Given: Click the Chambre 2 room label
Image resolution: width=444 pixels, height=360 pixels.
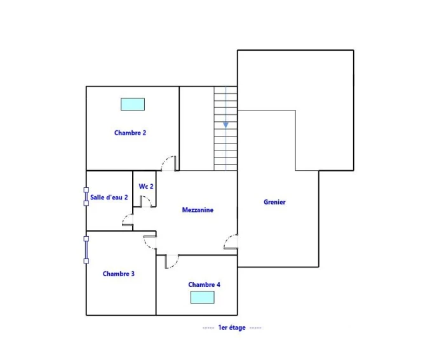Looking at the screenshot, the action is (x=130, y=133).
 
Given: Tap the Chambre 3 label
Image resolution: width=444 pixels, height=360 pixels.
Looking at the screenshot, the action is (x=118, y=274).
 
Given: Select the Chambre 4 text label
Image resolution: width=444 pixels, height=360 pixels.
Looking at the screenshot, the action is (x=204, y=284).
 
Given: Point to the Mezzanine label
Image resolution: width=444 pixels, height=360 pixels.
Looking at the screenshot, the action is (x=198, y=210).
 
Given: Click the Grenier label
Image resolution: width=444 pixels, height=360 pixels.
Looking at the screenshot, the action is (x=274, y=202).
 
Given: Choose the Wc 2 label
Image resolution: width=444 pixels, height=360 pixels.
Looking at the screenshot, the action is (x=146, y=187).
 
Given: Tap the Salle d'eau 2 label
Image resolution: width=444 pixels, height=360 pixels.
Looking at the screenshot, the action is (x=109, y=197).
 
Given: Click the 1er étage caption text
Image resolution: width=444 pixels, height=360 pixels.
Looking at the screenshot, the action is (x=232, y=328).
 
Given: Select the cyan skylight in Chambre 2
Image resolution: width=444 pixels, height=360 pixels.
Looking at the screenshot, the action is (x=133, y=104).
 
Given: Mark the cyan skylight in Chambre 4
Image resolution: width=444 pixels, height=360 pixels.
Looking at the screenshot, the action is (x=202, y=297).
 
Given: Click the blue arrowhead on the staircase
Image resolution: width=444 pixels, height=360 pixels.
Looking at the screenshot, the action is (x=225, y=125).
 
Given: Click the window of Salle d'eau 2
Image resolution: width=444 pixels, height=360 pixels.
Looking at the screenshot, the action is (x=86, y=196).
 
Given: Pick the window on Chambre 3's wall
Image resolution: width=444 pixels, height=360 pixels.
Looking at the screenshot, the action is (x=86, y=250).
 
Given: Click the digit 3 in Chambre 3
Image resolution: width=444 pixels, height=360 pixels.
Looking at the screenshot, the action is (x=133, y=274).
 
